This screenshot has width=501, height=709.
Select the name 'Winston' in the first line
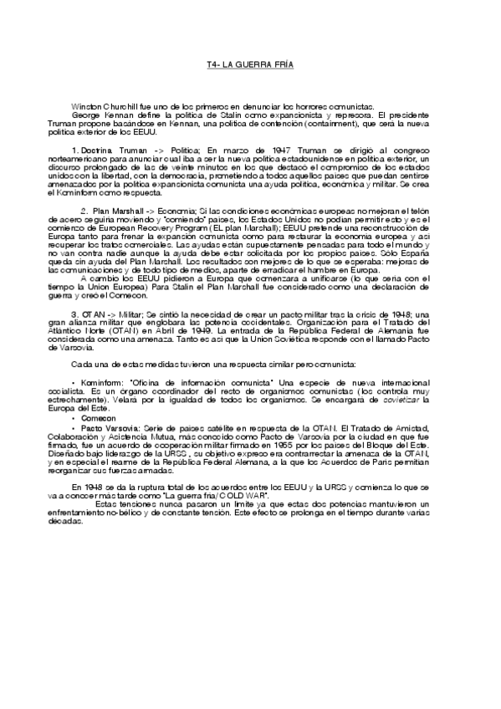(x=87, y=108)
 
